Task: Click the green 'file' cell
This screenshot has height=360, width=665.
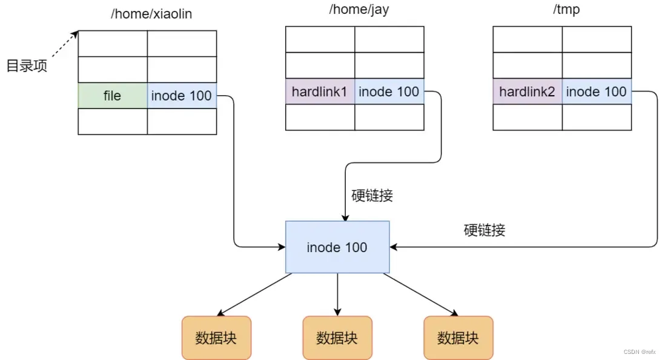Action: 113,96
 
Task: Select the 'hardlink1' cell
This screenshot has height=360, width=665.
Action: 320,92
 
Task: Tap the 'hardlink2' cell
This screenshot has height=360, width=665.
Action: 527,92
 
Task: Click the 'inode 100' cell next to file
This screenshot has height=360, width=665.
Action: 182,96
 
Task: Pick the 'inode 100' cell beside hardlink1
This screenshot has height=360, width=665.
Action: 389,92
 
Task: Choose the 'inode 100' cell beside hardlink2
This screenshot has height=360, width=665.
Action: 596,92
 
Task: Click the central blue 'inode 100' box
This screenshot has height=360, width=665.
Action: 337,247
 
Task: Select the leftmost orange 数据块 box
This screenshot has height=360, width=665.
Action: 216,338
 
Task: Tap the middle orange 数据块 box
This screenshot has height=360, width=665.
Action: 337,338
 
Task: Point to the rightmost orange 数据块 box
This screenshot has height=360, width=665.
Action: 458,338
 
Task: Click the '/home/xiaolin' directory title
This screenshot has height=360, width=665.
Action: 151,13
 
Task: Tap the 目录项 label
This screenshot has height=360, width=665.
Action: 27,65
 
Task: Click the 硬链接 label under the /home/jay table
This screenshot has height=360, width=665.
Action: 372,195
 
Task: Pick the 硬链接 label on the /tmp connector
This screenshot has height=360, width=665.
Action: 485,230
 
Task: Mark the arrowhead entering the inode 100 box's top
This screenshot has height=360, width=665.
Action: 345,217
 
